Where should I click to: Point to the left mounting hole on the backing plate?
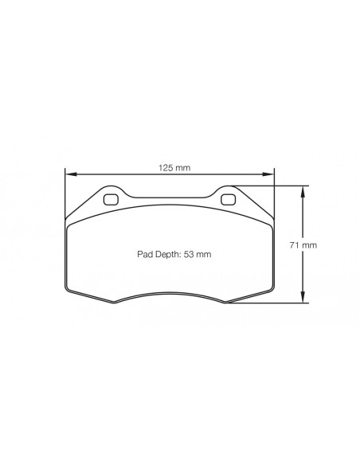(111, 199)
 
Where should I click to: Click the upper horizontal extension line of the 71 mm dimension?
(271, 186)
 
